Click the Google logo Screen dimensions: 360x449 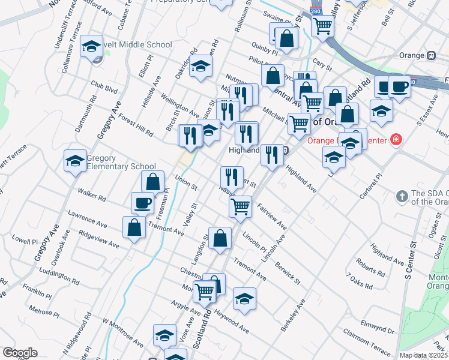(x=20, y=353)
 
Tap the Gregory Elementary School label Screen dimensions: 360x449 (x=121, y=162)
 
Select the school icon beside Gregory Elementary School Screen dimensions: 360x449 (x=75, y=161)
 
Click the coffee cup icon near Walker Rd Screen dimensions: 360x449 (x=142, y=203)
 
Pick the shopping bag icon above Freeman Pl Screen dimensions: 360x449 (x=153, y=181)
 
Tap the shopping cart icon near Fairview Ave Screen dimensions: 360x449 (x=240, y=206)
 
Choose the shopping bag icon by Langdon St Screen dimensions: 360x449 (x=220, y=238)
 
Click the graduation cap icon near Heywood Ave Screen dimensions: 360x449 (x=244, y=298)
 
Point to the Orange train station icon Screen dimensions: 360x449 (x=431, y=55)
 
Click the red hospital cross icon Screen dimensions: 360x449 (x=396, y=141)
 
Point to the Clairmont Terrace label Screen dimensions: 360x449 (x=366, y=341)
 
